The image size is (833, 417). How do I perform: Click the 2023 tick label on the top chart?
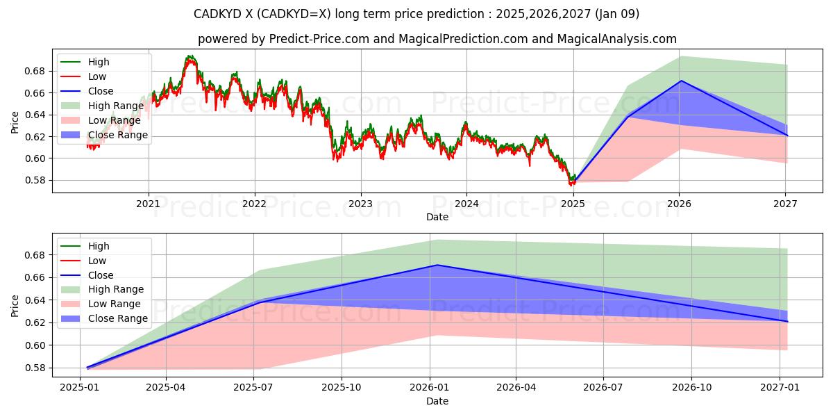[x=360, y=204]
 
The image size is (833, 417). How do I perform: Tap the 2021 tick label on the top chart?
[x=148, y=204]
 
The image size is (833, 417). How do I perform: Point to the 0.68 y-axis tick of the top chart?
[x=35, y=71]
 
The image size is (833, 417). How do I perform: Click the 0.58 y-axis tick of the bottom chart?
[x=35, y=368]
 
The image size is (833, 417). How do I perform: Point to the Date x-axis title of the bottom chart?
[x=437, y=401]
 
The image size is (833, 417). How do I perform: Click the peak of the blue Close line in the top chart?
[x=681, y=81]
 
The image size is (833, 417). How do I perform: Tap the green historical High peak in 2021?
[x=189, y=56]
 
